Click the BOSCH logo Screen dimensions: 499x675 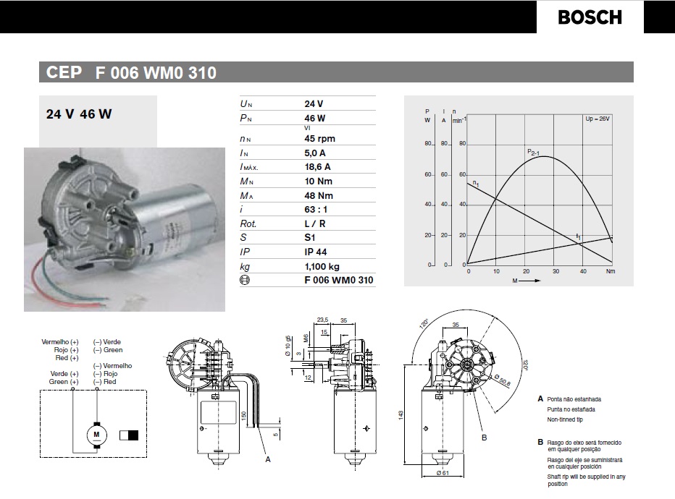590,17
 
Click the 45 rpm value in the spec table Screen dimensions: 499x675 319,138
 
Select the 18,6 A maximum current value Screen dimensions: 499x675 321,166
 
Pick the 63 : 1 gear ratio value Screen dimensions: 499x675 317,209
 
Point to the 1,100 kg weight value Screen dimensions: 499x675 323,266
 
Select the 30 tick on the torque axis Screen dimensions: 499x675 555,271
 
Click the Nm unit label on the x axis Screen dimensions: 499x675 610,271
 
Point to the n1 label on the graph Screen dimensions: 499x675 476,184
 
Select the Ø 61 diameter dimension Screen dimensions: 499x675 443,474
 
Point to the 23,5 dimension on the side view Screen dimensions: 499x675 323,319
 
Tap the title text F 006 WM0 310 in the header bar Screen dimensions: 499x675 155,73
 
